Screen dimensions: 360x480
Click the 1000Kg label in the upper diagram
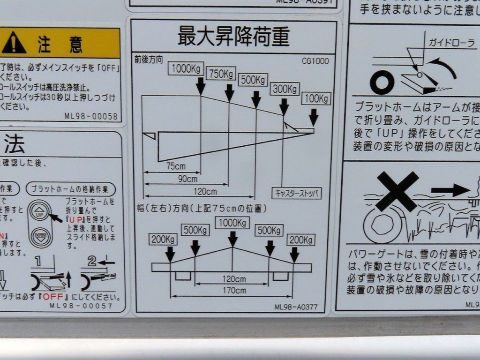(186, 68)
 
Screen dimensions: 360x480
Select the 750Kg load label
(221, 74)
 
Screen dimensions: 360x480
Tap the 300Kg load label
(285, 89)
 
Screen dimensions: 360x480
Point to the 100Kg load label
(317, 99)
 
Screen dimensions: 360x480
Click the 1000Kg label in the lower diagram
(232, 223)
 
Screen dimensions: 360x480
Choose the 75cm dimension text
(176, 166)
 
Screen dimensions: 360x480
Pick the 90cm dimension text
(187, 179)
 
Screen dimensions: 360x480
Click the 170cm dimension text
(234, 291)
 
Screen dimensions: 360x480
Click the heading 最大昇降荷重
(233, 37)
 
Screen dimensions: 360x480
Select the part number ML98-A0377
(296, 307)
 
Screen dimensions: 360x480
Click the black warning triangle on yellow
(15, 44)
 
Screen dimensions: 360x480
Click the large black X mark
(397, 191)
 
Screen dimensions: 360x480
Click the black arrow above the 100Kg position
(314, 116)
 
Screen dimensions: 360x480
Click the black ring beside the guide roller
(382, 82)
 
